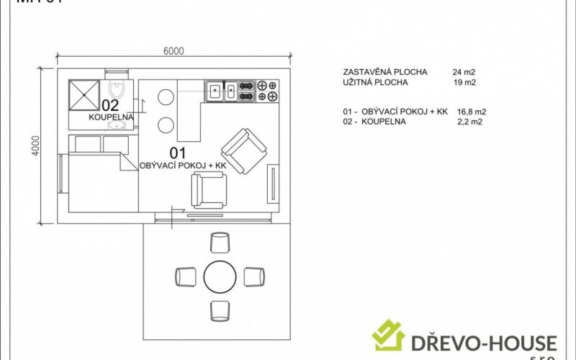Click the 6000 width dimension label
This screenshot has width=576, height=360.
[174, 50]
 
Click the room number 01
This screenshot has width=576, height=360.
[177, 152]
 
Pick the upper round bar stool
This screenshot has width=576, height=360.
[166, 97]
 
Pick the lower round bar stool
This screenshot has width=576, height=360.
[166, 125]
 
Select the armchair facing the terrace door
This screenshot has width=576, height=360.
[207, 191]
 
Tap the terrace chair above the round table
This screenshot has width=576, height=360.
[220, 242]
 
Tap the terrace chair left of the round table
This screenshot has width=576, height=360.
[185, 276]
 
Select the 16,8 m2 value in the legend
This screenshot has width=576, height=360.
[472, 112]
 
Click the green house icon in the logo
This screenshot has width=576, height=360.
[388, 335]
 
